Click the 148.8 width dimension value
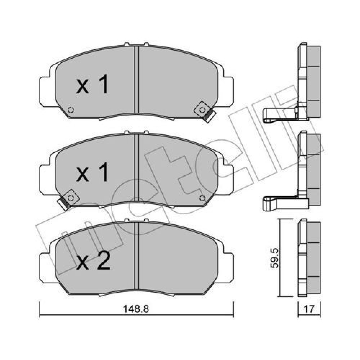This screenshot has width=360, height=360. [136, 309]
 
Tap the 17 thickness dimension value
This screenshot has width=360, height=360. [309, 309]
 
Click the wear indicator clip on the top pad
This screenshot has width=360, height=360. [205, 112]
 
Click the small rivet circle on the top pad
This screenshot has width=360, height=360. [71, 110]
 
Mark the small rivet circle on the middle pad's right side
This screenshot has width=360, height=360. [202, 198]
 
